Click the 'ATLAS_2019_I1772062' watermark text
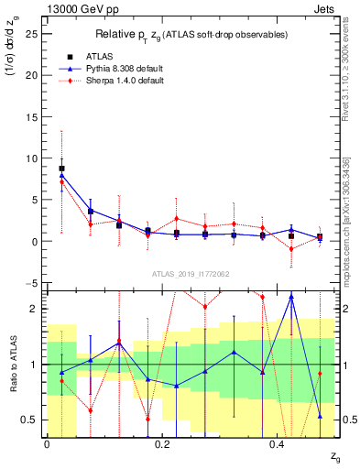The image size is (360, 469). coord(191,274)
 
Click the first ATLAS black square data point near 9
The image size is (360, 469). coord(61,169)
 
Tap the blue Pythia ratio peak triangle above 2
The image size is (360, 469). coord(291,297)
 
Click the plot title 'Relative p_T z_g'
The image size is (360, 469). coord(192,34)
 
